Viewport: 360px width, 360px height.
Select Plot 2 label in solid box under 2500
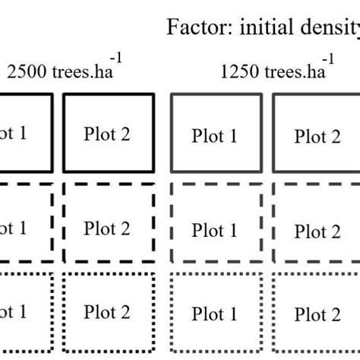[x=107, y=134]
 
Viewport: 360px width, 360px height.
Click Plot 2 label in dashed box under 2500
[x=107, y=228]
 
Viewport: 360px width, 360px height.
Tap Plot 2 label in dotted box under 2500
[x=107, y=312]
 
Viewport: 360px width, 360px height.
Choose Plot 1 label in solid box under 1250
[x=214, y=137]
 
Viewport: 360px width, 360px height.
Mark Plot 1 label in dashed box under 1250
[x=214, y=230]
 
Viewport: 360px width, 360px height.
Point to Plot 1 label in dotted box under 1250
[x=214, y=314]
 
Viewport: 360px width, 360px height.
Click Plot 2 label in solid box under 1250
[x=317, y=137]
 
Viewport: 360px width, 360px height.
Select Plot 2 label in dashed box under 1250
[x=317, y=232]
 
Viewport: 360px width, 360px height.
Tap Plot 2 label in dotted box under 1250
[x=317, y=315]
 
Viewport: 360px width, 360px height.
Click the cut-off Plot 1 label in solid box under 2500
[x=14, y=134]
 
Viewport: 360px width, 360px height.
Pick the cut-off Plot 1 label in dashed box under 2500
[x=14, y=228]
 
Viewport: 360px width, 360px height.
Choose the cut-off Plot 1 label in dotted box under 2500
[x=14, y=312]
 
